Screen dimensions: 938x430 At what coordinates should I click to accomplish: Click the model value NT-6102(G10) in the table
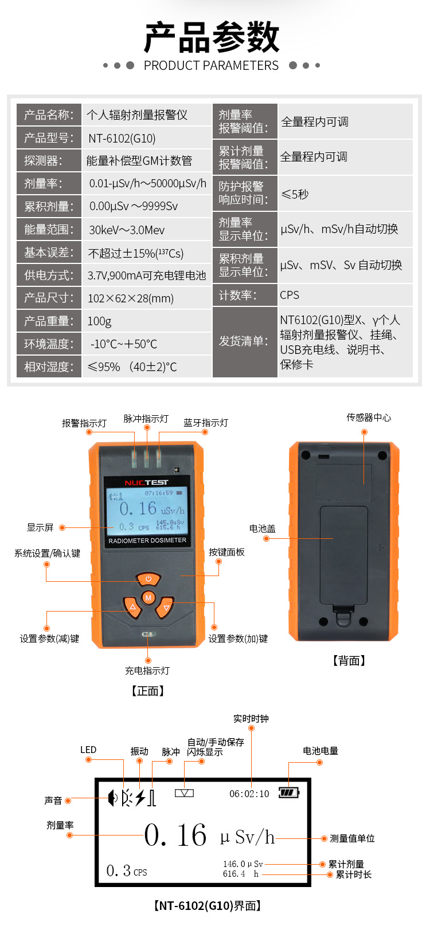click(x=122, y=138)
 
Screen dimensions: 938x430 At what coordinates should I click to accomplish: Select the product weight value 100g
click(x=99, y=321)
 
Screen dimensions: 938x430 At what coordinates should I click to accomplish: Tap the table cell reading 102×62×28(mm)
click(x=130, y=298)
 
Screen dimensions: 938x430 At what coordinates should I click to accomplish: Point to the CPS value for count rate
click(x=290, y=295)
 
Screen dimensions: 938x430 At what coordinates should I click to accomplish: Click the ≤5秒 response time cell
click(x=295, y=194)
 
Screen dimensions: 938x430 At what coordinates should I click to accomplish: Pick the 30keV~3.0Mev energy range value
click(x=127, y=230)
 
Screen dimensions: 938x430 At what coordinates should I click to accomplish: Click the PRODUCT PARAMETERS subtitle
click(x=211, y=65)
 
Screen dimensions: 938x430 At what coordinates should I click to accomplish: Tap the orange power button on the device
click(x=148, y=578)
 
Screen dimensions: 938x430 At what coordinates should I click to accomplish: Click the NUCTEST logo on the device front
click(x=146, y=483)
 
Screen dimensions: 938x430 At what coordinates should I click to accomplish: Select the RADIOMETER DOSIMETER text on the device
click(x=147, y=541)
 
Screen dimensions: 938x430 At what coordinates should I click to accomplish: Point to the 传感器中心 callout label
click(x=369, y=417)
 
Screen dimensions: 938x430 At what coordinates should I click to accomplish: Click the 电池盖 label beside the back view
click(x=262, y=529)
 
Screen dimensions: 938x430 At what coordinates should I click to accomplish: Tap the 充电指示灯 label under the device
click(x=147, y=671)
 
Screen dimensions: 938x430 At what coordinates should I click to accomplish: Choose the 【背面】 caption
click(x=349, y=661)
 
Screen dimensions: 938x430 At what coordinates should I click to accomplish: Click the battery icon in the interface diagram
click(x=289, y=793)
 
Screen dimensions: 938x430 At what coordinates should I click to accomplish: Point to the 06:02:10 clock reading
click(x=249, y=794)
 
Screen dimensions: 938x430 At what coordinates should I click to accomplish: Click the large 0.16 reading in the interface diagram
click(x=175, y=835)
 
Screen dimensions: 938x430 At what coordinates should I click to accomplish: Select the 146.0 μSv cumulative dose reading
click(x=243, y=864)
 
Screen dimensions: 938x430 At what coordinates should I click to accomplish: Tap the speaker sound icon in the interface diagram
click(x=112, y=798)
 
